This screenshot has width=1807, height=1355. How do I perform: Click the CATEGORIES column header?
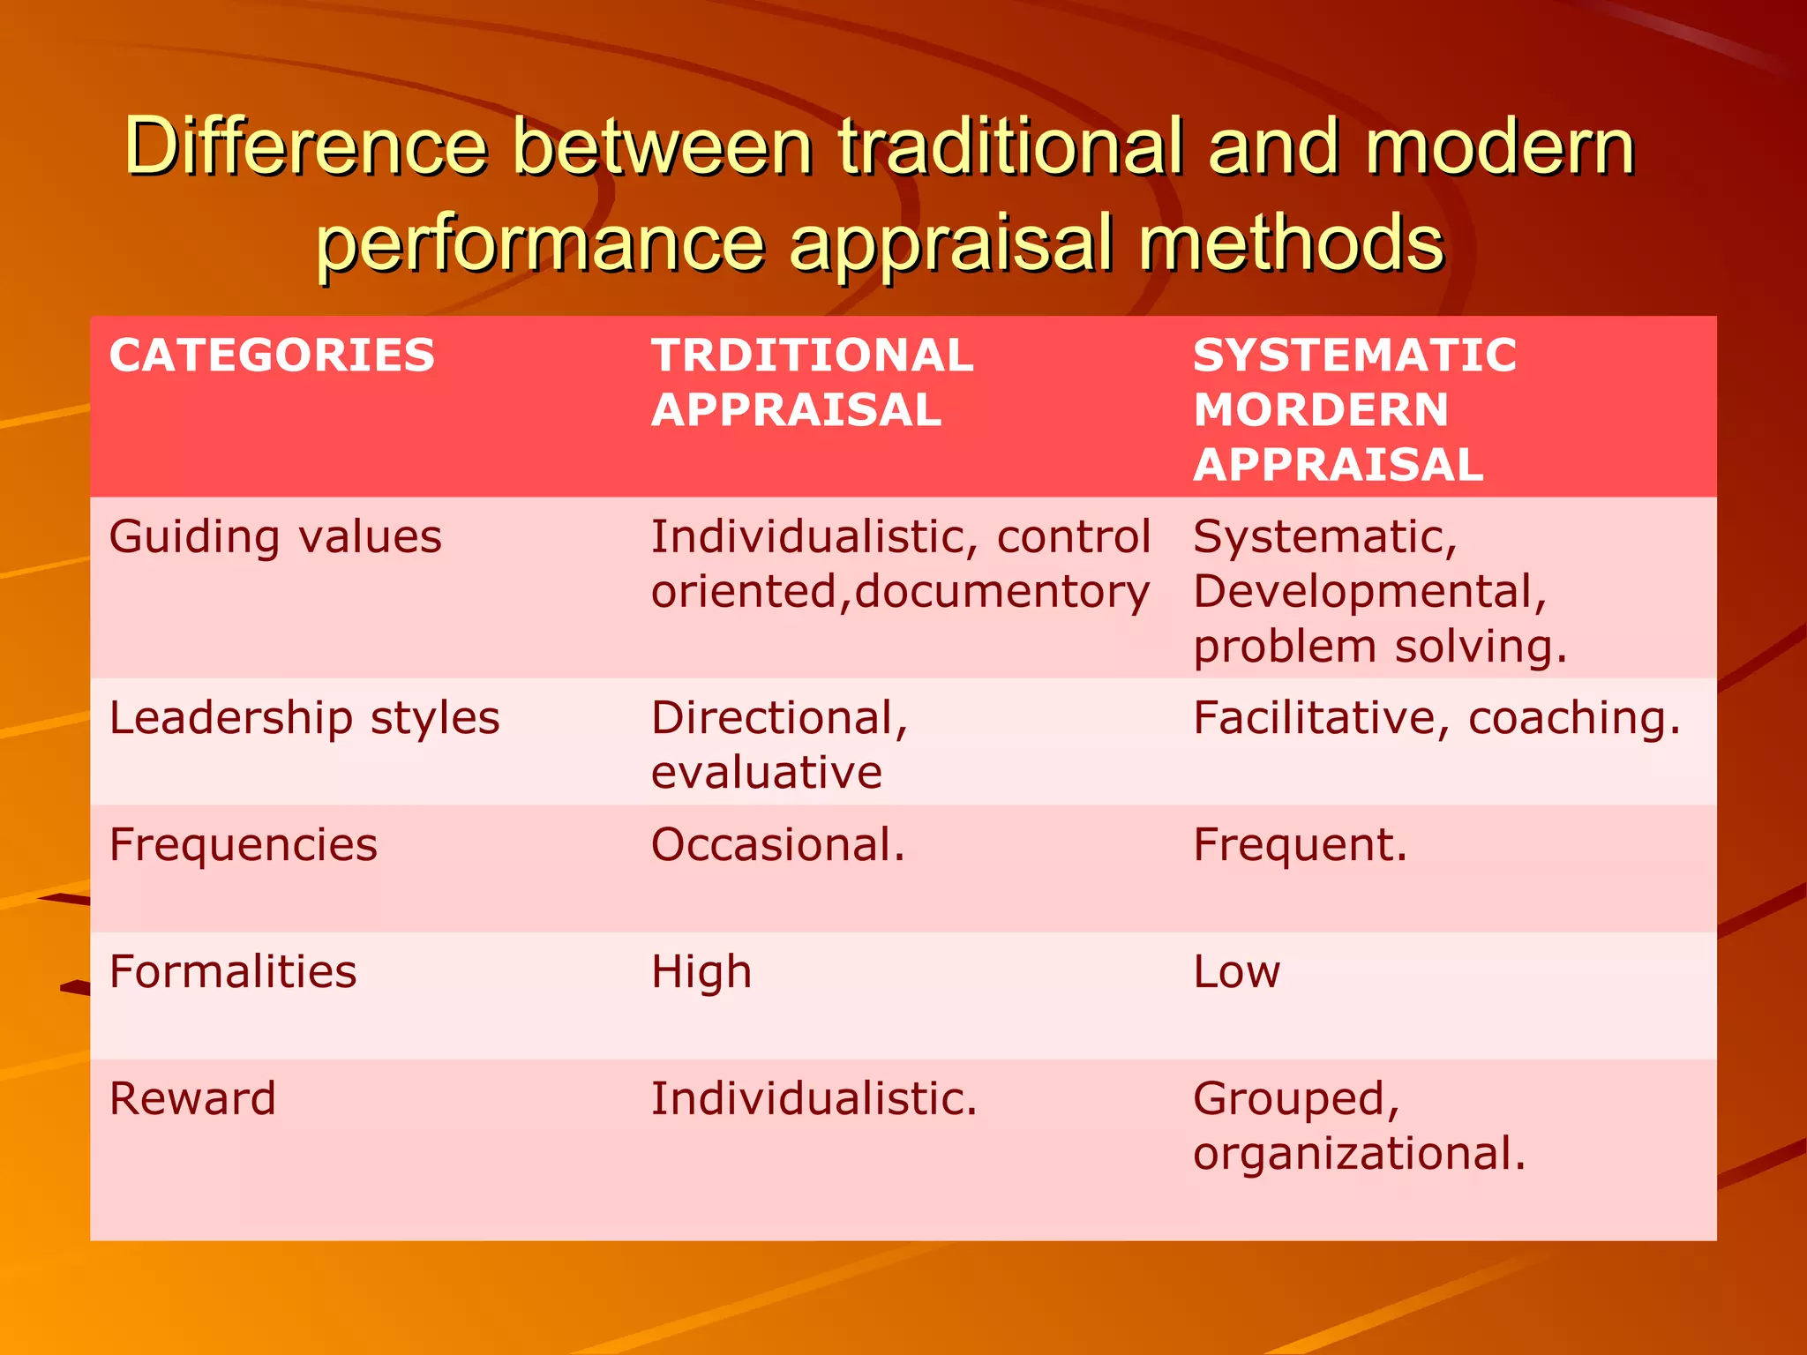click(x=272, y=356)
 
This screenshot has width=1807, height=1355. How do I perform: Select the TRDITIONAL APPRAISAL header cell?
click(x=812, y=383)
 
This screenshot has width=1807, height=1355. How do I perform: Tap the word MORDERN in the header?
click(x=1321, y=410)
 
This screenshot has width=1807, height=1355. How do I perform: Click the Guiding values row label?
click(x=275, y=537)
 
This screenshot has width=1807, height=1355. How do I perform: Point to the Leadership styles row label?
click(x=304, y=718)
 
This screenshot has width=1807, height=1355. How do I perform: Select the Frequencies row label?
click(x=244, y=845)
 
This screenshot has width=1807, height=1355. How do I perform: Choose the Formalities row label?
click(x=233, y=972)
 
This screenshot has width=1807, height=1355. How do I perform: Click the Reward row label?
click(x=192, y=1099)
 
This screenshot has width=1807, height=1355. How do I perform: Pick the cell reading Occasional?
click(x=778, y=845)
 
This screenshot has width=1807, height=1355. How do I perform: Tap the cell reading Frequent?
click(x=1301, y=845)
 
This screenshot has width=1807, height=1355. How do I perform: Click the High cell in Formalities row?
click(x=701, y=972)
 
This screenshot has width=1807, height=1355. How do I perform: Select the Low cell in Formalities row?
click(x=1236, y=972)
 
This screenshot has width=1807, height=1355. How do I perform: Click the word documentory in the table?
click(x=1002, y=592)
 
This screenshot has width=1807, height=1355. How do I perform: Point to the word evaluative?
click(x=767, y=773)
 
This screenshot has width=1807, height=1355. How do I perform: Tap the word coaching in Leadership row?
click(x=1574, y=718)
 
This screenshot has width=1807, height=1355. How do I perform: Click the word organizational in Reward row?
click(x=1359, y=1154)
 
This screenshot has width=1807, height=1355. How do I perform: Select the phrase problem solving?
click(x=1380, y=647)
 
